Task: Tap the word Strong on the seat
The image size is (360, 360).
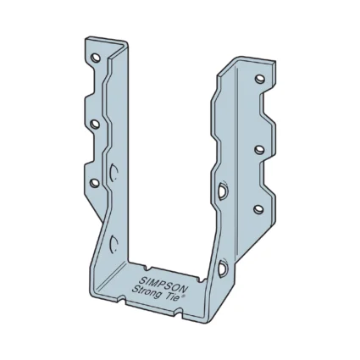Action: [x=145, y=292]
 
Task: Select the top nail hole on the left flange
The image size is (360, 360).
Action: [x=95, y=59]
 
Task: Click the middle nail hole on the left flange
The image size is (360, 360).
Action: [x=95, y=125]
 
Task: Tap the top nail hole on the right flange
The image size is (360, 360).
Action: [x=260, y=80]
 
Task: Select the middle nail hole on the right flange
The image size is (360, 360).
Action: [x=260, y=149]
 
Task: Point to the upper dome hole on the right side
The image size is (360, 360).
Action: [x=222, y=191]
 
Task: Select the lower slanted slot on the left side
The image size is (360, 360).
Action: [x=114, y=245]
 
